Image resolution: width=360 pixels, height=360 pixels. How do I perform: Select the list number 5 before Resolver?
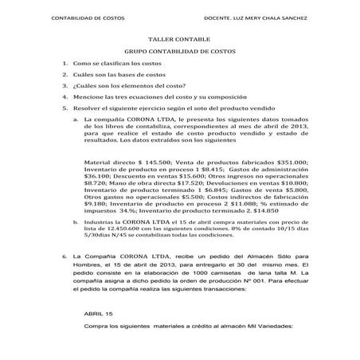coord(64,129)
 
